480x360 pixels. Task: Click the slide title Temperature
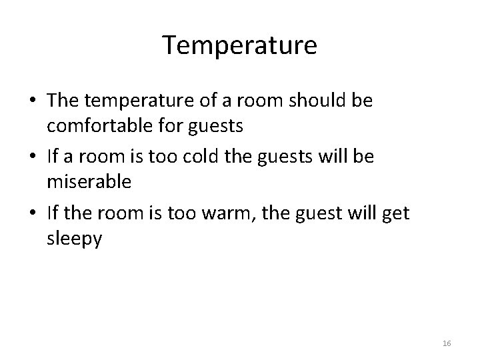[240, 45]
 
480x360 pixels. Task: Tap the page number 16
[447, 343]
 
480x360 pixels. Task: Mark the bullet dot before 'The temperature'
[33, 103]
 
